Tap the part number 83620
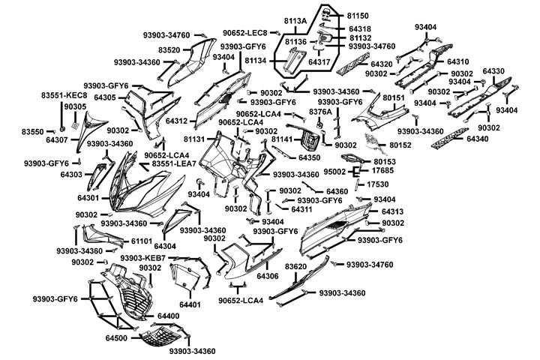point(296,267)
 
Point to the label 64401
point(190,305)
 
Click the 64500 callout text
point(118,339)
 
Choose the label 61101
point(143,241)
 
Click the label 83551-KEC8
point(64,95)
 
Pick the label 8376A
point(320,111)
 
